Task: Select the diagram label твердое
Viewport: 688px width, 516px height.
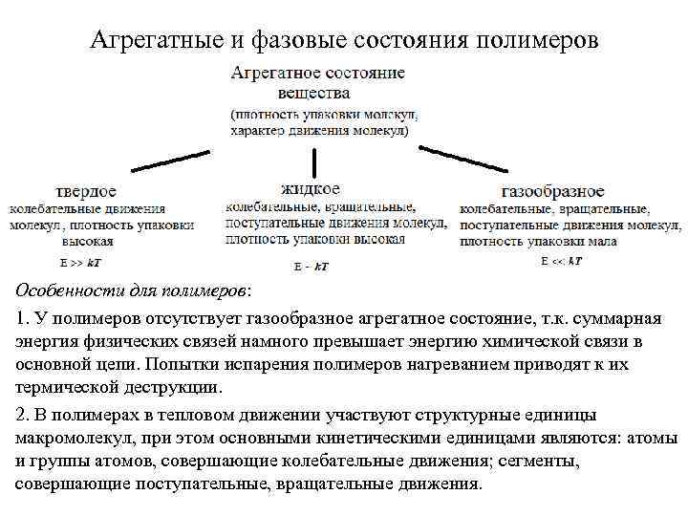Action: coord(87,191)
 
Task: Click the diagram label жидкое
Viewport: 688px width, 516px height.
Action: coord(311,188)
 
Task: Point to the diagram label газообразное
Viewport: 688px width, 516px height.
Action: coord(552,191)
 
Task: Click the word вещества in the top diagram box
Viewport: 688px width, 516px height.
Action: coord(313,94)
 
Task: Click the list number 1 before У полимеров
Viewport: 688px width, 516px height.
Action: coord(21,318)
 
